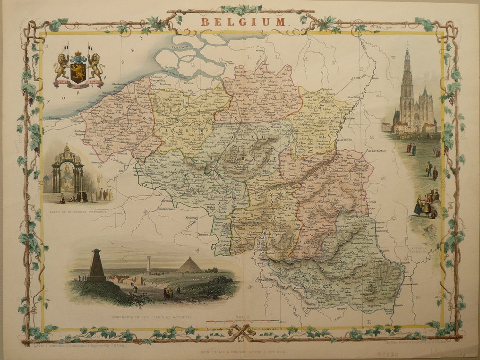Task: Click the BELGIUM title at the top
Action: pos(243,21)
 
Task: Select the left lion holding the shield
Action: pos(61,66)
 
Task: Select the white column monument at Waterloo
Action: pos(148,265)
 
